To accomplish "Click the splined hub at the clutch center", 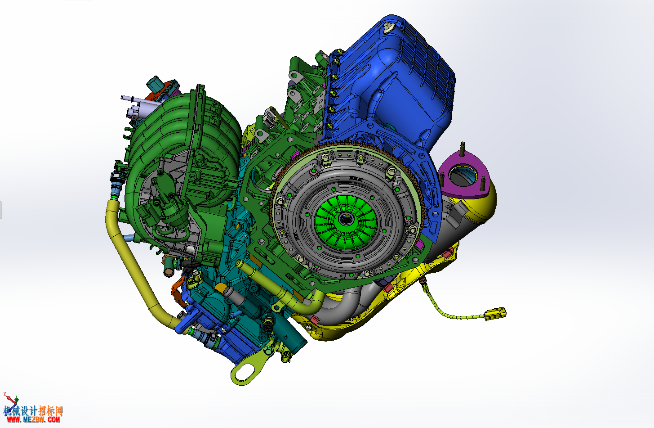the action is (346, 218).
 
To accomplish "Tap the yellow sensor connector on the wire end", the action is (495, 313).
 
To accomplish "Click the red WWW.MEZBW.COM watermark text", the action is (33, 419).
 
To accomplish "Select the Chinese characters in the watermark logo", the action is (33, 410).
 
